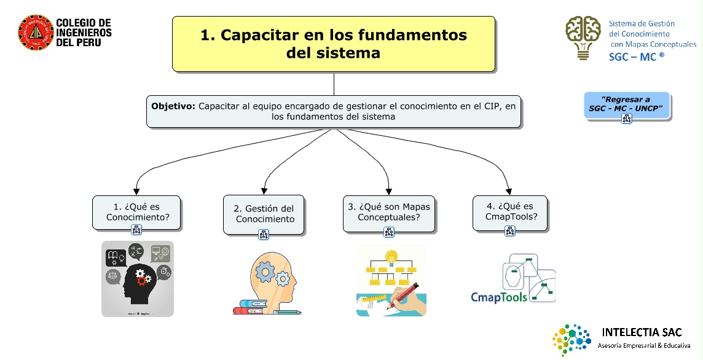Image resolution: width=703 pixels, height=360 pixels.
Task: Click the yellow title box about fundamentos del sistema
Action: coord(334,44)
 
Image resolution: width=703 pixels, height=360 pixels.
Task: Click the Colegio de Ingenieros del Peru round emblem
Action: coord(36,33)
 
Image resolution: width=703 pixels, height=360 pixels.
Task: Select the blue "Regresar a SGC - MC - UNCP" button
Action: coord(626,104)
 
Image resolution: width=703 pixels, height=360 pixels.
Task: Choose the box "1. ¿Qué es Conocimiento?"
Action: coord(137,212)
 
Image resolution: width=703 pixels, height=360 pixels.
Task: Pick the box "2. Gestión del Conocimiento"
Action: coord(264,214)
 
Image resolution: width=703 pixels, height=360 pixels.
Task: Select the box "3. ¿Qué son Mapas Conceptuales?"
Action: coord(388,212)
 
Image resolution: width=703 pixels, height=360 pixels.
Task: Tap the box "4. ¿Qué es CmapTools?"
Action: coord(509,212)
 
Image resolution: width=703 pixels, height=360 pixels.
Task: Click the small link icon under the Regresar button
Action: coord(627,119)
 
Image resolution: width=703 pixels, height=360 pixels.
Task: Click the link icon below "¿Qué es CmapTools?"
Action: coord(509,231)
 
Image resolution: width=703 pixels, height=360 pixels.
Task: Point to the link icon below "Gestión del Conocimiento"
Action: coord(264,234)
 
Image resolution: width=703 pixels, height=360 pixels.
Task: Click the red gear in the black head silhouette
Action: coord(143,281)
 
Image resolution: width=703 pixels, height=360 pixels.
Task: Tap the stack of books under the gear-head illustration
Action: coord(250,306)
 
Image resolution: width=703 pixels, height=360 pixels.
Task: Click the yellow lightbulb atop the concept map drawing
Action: coord(390,256)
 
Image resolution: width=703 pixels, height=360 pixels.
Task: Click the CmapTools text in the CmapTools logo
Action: coord(499,297)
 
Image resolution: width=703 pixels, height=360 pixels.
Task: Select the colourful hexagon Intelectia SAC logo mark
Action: coord(571,340)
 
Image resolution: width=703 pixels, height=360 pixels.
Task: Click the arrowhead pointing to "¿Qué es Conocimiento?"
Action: coord(136,190)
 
